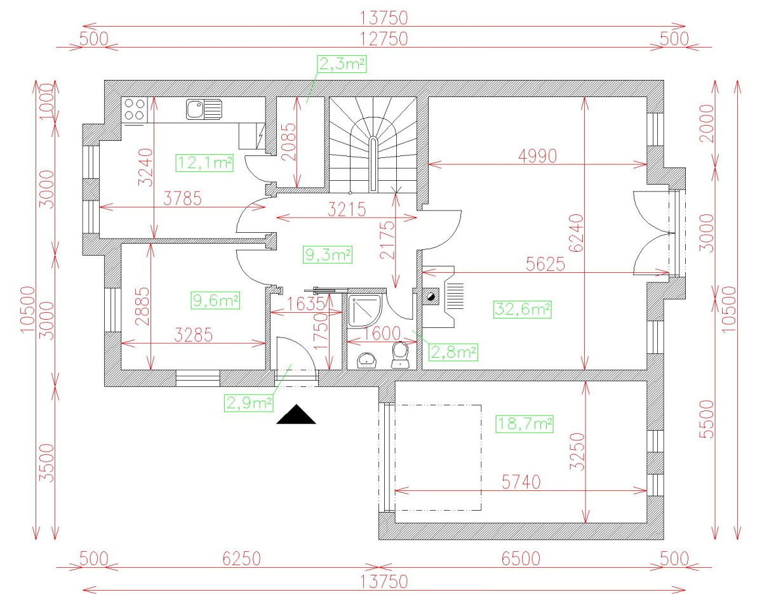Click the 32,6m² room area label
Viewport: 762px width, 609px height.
[x=521, y=309]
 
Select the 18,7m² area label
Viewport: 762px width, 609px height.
[x=524, y=423]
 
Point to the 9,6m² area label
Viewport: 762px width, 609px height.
[x=215, y=300]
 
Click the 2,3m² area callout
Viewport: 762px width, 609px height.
[x=343, y=63]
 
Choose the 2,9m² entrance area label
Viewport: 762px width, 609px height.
[x=248, y=402]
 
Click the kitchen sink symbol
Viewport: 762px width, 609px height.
[x=203, y=109]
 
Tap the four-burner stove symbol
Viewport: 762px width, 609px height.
[x=133, y=108]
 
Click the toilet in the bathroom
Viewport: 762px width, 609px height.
[x=401, y=355]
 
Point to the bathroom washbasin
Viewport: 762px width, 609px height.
[x=368, y=359]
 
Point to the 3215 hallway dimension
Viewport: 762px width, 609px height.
[x=347, y=209]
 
